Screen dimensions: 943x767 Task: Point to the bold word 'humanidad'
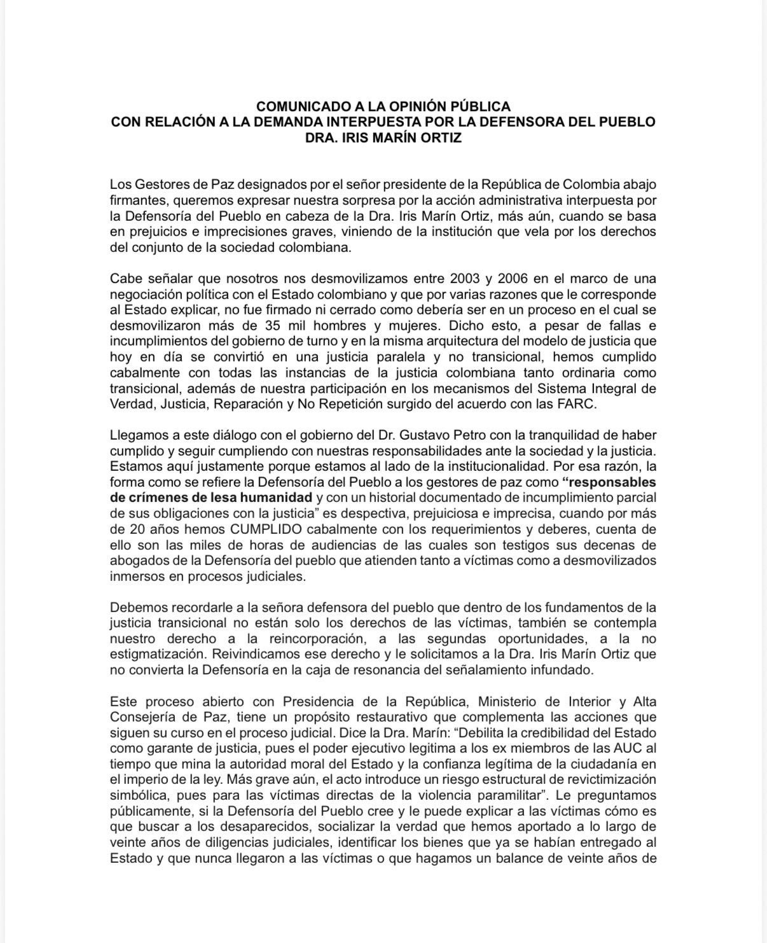point(277,498)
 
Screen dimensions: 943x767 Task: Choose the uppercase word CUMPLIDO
point(266,529)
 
